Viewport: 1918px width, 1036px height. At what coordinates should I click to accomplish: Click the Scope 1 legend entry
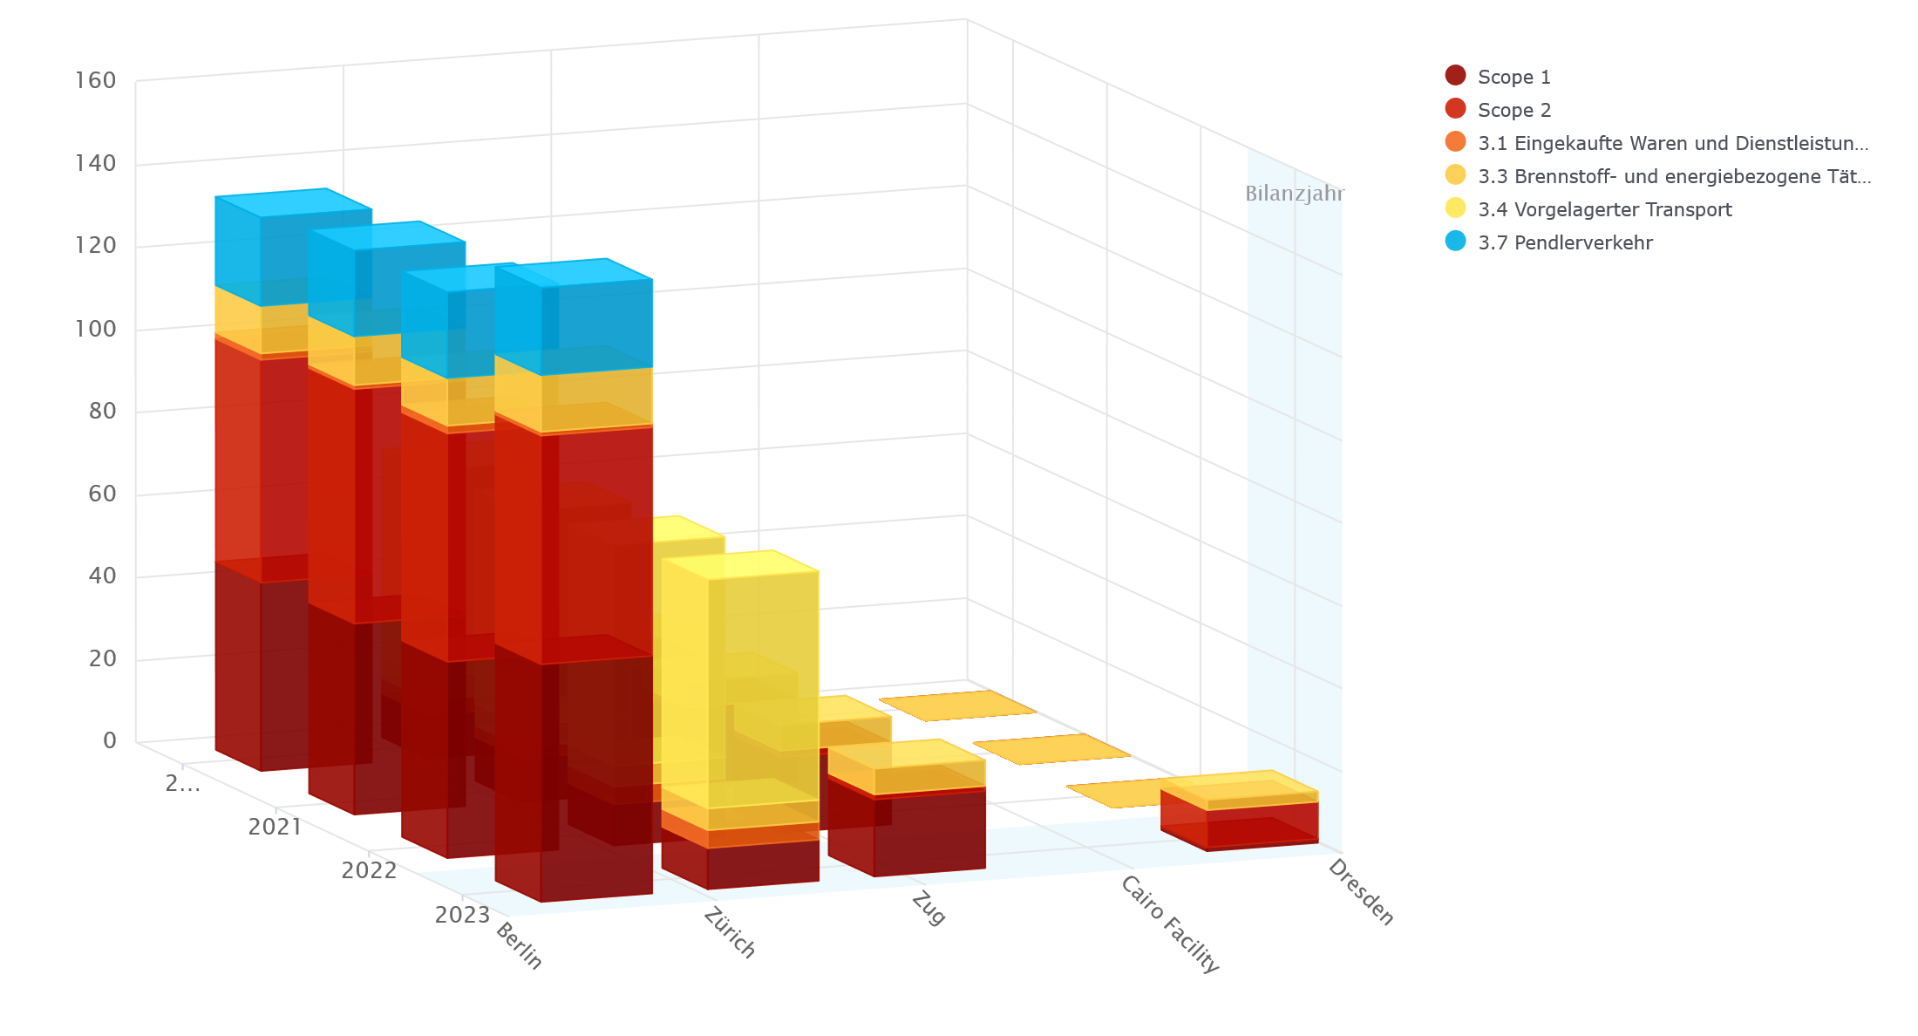pyautogui.click(x=1513, y=77)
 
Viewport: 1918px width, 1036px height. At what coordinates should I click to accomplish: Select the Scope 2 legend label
pyautogui.click(x=1513, y=110)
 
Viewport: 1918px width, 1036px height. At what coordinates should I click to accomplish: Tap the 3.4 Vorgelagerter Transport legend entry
pyautogui.click(x=1604, y=209)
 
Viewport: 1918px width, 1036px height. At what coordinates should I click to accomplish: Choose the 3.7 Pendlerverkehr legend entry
pyautogui.click(x=1564, y=242)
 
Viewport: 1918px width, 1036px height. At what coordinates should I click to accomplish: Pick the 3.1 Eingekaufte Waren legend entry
pyautogui.click(x=1672, y=143)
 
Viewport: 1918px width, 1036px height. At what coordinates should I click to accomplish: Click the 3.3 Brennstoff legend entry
pyautogui.click(x=1674, y=176)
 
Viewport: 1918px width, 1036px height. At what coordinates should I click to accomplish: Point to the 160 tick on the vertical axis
pyautogui.click(x=96, y=81)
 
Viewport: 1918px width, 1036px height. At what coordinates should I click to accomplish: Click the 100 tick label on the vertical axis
pyautogui.click(x=96, y=329)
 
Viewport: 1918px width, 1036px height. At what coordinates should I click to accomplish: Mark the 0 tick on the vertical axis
pyautogui.click(x=109, y=740)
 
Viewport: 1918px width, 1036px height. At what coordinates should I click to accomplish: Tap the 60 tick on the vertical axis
pyautogui.click(x=102, y=494)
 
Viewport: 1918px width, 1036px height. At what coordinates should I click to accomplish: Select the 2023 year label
pyautogui.click(x=462, y=915)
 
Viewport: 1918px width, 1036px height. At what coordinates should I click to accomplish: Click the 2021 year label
pyautogui.click(x=275, y=827)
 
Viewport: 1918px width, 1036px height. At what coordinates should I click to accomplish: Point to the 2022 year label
pyautogui.click(x=369, y=870)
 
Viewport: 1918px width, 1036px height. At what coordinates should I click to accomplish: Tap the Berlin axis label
pyautogui.click(x=520, y=946)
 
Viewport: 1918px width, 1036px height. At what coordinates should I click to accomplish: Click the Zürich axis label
pyautogui.click(x=730, y=933)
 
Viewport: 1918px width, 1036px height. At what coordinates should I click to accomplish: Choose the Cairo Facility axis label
pyautogui.click(x=1169, y=924)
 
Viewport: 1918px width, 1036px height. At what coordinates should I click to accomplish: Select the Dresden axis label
pyautogui.click(x=1361, y=892)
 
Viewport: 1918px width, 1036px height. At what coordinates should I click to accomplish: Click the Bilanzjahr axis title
pyautogui.click(x=1295, y=194)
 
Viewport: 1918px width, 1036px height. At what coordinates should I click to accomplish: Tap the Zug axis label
pyautogui.click(x=928, y=909)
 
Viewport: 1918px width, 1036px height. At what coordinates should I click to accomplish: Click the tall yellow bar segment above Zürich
pyautogui.click(x=741, y=680)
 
